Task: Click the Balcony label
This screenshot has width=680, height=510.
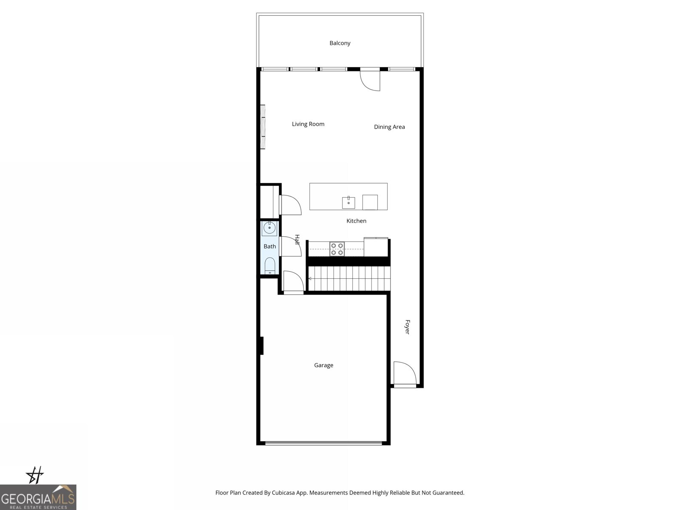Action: (x=340, y=43)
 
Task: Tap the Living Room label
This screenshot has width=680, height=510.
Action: (x=308, y=124)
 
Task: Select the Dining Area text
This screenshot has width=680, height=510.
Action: (x=389, y=127)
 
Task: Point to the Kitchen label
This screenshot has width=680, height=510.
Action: (x=356, y=221)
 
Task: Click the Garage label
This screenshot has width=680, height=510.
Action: (x=323, y=365)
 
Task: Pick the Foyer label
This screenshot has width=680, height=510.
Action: (x=407, y=327)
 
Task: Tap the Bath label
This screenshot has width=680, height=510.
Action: (x=270, y=246)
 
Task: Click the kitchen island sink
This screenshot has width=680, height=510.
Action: (x=348, y=203)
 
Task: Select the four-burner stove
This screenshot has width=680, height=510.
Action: (x=337, y=249)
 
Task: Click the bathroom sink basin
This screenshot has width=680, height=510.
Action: (x=269, y=228)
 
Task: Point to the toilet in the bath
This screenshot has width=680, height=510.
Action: (x=270, y=266)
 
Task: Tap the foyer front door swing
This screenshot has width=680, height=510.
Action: (x=404, y=373)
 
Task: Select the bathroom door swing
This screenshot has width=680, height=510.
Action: (x=291, y=246)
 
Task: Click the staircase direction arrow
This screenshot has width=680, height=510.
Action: (x=310, y=278)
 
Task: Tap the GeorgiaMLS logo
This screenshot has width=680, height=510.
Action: (x=38, y=497)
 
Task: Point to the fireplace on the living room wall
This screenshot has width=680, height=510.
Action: (x=263, y=127)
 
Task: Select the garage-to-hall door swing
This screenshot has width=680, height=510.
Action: (x=293, y=281)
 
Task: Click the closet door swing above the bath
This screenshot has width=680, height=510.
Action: (x=290, y=205)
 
